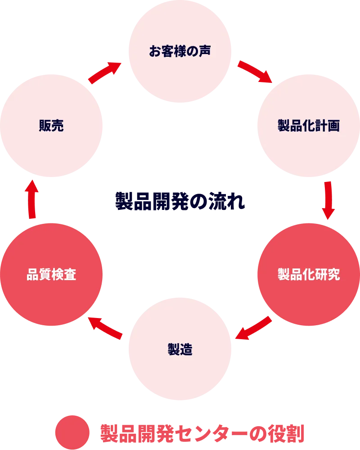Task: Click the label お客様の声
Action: (180, 50)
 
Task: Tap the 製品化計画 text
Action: (308, 126)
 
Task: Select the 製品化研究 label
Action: (308, 274)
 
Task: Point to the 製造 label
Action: (180, 349)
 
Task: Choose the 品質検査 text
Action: (51, 274)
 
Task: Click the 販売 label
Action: (51, 126)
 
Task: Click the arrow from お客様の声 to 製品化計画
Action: (255, 72)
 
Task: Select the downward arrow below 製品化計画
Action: (328, 200)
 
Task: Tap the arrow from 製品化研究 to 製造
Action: (253, 328)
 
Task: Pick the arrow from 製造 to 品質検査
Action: (106, 327)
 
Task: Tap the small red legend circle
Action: (72, 432)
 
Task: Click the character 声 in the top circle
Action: (205, 50)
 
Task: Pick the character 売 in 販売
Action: (58, 126)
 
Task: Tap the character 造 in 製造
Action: (186, 349)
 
